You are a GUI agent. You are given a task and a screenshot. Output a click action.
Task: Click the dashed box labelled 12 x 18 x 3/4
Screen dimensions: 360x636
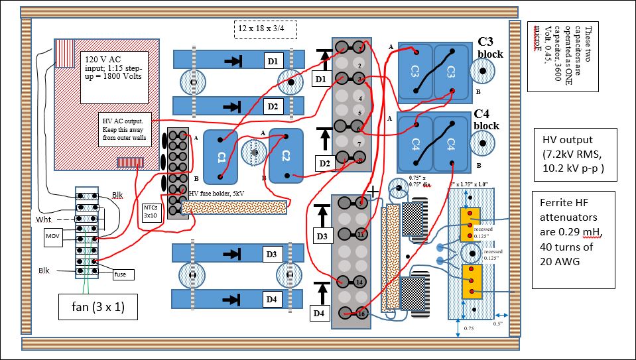[265, 30]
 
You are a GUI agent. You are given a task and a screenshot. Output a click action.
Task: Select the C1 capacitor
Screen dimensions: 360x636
[221, 156]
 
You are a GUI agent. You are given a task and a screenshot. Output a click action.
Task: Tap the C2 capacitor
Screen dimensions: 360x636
[286, 156]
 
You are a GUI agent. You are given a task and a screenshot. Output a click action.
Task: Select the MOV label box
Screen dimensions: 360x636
[53, 235]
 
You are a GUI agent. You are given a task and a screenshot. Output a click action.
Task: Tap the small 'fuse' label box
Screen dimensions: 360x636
[120, 274]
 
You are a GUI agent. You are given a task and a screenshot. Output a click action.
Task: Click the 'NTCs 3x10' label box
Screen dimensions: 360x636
[151, 211]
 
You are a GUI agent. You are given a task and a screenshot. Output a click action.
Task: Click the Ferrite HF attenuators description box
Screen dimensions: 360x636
[574, 239]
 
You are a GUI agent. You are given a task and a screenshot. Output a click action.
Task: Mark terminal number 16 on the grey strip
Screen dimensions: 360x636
[361, 314]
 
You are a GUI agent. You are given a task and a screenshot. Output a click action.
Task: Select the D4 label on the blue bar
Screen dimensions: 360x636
[271, 299]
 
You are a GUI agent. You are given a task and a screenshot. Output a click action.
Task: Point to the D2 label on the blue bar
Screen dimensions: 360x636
[271, 105]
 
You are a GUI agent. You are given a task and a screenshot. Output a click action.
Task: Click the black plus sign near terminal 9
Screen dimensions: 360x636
[373, 192]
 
